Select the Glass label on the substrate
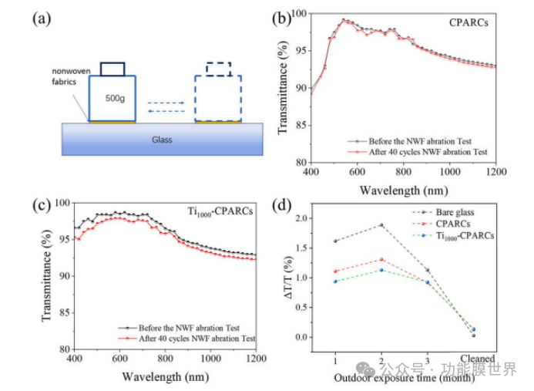(x=162, y=140)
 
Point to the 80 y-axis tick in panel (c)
(x=62, y=349)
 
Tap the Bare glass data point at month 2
(x=381, y=225)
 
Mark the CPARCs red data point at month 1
(x=335, y=271)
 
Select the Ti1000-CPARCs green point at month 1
(x=335, y=281)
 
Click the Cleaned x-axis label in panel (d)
(x=472, y=359)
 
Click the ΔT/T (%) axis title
(x=291, y=277)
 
